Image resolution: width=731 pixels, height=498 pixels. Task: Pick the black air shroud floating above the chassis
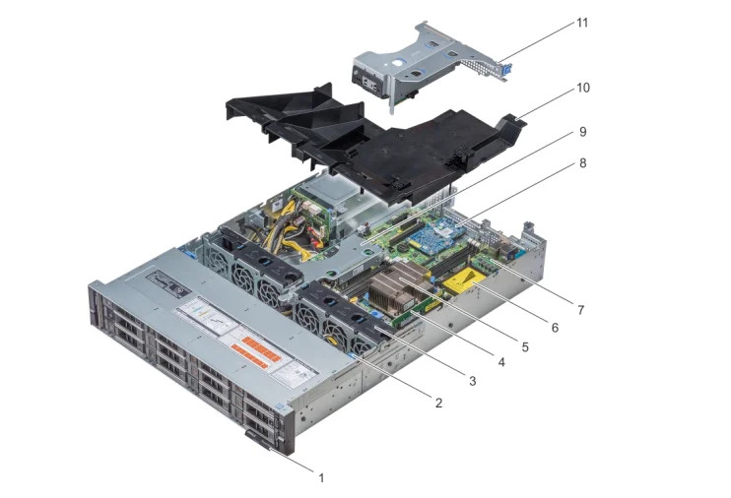pyautogui.click(x=394, y=148)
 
